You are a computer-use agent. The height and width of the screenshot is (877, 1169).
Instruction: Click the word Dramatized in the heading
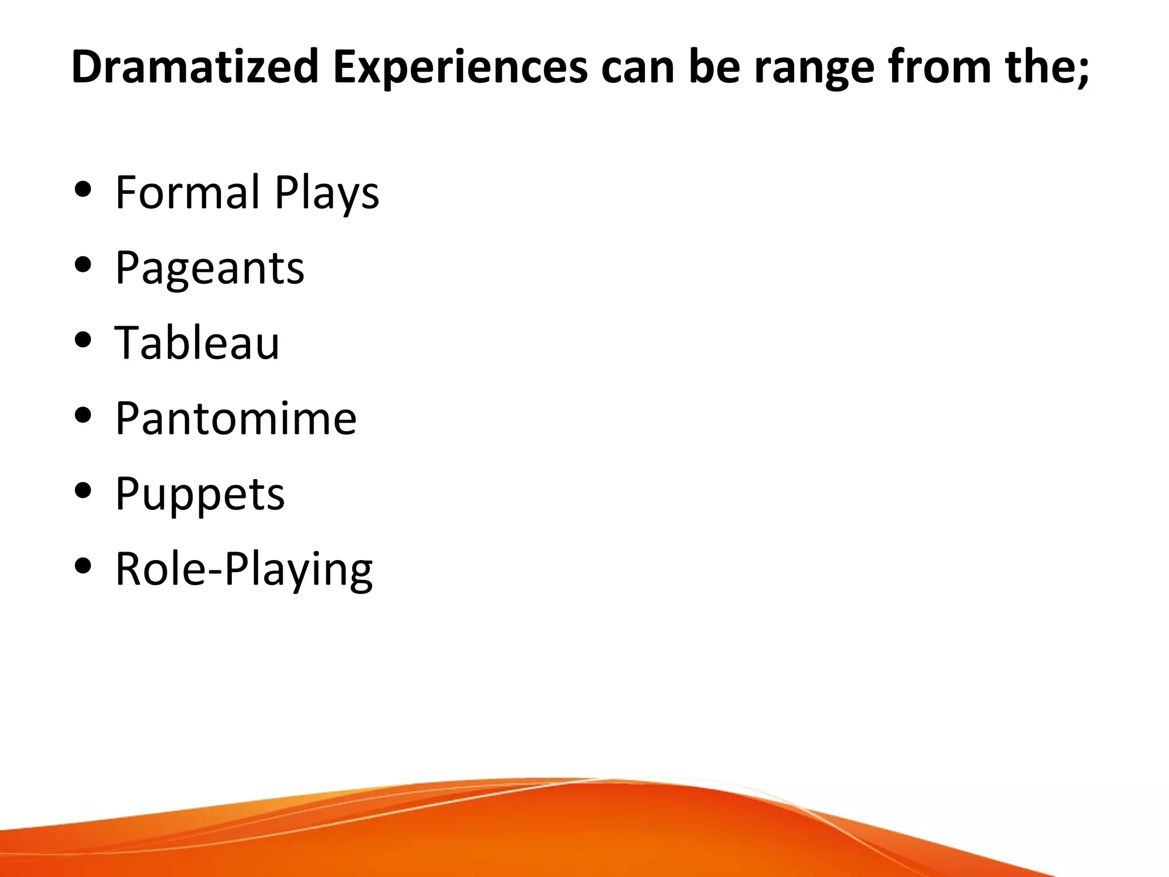pos(194,66)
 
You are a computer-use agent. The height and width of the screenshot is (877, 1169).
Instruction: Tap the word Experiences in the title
pos(460,66)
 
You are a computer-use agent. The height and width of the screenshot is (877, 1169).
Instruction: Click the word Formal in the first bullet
pos(188,192)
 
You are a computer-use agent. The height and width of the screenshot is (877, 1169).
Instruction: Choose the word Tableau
pos(197,343)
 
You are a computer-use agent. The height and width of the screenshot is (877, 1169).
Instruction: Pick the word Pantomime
pos(236,418)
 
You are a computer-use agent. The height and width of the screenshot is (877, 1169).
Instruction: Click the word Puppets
pos(200,494)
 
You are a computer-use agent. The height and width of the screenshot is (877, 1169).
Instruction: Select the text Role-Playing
pos(244,570)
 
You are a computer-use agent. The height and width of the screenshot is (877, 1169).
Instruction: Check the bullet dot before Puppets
pos(83,490)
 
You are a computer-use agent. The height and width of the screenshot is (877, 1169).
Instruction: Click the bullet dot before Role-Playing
pos(83,566)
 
